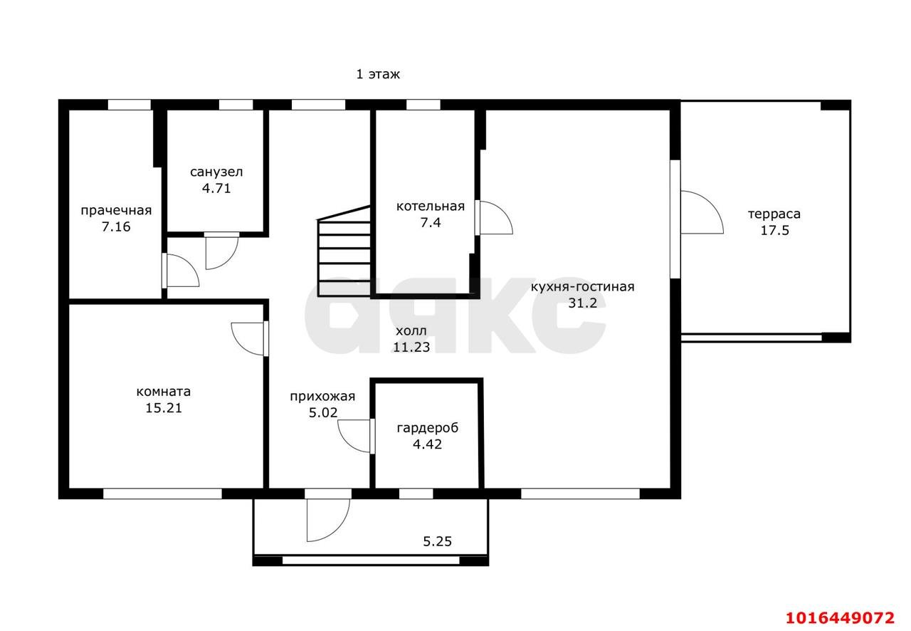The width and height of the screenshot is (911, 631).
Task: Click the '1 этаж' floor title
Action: point(378,74)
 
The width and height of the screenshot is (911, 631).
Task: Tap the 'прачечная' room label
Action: point(116,211)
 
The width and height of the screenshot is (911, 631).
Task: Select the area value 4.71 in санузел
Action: point(216,188)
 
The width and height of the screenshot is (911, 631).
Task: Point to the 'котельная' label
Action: point(431,206)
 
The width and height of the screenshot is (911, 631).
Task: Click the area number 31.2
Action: point(582,303)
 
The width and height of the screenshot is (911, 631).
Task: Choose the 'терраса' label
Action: point(774,214)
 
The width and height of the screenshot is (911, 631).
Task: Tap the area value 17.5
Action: point(775,230)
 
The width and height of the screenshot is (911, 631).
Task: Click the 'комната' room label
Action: point(164,392)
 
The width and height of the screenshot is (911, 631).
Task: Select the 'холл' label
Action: point(411,331)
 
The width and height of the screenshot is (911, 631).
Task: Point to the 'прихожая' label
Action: point(322,396)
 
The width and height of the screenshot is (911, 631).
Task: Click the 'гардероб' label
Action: point(428,428)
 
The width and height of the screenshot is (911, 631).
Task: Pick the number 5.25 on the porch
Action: point(437,541)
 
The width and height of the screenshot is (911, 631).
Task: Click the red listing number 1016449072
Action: point(840,617)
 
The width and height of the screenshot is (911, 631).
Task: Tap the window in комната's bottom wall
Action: point(162,494)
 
